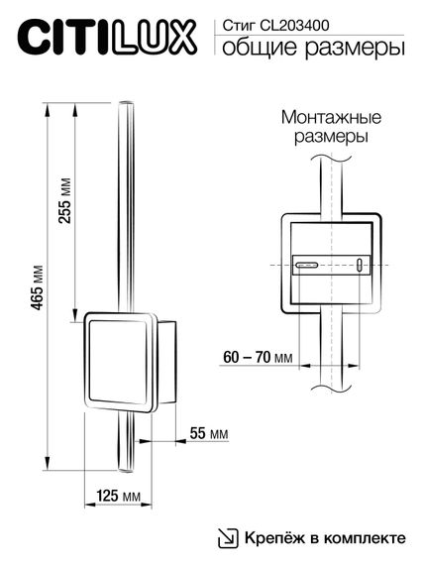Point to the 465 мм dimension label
[x=39, y=287]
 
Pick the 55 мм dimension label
[x=208, y=435]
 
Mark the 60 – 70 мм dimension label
[x=256, y=357]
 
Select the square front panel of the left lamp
[x=119, y=362]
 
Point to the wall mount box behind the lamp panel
[x=166, y=362]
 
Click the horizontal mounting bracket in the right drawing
[x=331, y=265]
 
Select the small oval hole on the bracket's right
[x=359, y=265]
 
